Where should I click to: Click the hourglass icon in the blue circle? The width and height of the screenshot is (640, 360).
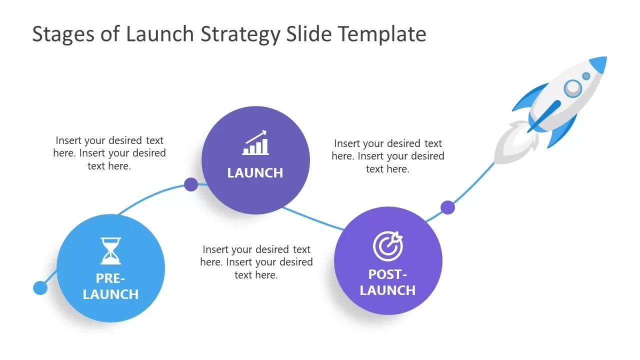pyautogui.click(x=110, y=251)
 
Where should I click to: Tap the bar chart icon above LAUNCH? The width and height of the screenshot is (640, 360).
pyautogui.click(x=255, y=143)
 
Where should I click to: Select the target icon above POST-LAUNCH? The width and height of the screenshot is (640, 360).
pyautogui.click(x=387, y=246)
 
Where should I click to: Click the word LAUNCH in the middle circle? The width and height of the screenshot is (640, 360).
pyautogui.click(x=255, y=173)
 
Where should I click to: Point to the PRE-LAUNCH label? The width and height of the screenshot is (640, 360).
pyautogui.click(x=110, y=286)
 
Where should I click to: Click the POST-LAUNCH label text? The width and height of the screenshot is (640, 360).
pyautogui.click(x=387, y=282)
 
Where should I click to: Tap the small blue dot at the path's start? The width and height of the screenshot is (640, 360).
pyautogui.click(x=40, y=287)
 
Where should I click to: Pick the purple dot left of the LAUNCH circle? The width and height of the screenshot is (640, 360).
pyautogui.click(x=190, y=184)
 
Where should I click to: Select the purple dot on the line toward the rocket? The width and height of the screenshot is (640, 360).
pyautogui.click(x=447, y=207)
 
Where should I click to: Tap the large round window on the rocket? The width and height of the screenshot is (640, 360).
pyautogui.click(x=573, y=88)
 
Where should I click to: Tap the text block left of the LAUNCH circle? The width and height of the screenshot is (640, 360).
pyautogui.click(x=109, y=153)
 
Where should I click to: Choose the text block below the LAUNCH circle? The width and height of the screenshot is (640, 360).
pyautogui.click(x=256, y=262)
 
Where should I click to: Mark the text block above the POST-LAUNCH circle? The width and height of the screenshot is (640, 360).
pyautogui.click(x=387, y=156)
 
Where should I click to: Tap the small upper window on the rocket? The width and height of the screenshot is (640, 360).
pyautogui.click(x=586, y=76)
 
